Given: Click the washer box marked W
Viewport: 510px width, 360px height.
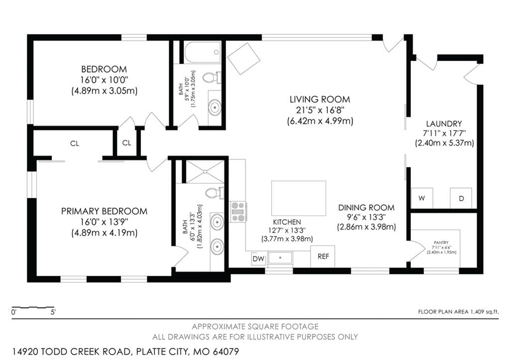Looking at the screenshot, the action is (422, 198).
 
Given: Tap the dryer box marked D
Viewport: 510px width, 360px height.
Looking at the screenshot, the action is (461, 198).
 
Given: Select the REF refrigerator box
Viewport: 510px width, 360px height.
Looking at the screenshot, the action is (323, 256).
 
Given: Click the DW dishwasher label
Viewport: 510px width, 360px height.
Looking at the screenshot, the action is (258, 259).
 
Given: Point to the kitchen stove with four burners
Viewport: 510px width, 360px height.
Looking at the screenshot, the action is (239, 212).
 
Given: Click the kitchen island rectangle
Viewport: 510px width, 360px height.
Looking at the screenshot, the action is (299, 198).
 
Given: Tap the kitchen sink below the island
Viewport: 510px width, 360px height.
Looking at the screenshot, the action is (280, 258).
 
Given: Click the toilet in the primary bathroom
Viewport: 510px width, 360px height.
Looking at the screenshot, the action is (215, 193).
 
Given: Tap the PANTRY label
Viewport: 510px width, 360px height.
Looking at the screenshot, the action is (441, 242).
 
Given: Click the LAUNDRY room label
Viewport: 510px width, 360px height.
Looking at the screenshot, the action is (444, 123).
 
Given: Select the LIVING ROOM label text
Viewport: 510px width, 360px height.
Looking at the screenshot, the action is (320, 99).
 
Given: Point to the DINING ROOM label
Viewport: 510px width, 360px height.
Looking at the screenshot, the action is (366, 208).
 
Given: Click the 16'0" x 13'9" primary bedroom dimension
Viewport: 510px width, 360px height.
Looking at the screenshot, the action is (104, 222).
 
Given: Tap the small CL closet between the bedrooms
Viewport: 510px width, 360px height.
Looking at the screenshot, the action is (127, 143).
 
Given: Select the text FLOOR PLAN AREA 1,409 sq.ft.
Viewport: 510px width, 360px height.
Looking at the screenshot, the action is (458, 312).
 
